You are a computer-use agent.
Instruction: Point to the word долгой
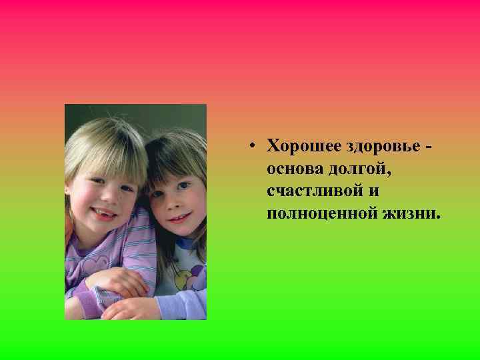(357, 168)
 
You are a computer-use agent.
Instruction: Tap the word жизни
(411, 213)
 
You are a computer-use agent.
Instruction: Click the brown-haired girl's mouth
(178, 218)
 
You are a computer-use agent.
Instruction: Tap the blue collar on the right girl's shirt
(185, 245)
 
